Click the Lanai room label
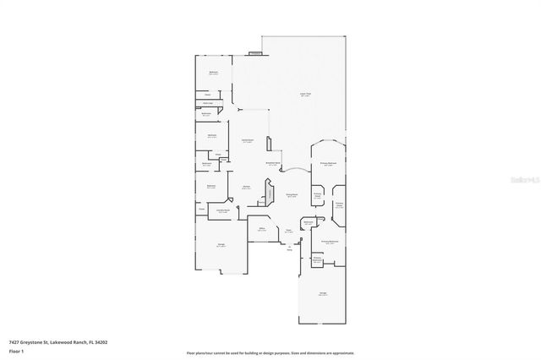click(x=305, y=94)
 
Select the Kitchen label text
click(x=246, y=188)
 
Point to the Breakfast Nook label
click(x=273, y=164)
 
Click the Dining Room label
click(x=291, y=196)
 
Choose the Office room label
click(x=263, y=228)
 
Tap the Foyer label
click(x=288, y=230)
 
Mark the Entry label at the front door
click(x=289, y=248)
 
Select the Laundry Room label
click(x=223, y=211)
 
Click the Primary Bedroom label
click(x=329, y=162)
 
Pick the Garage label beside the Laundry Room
click(x=221, y=245)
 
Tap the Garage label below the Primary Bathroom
click(x=323, y=294)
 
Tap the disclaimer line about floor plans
click(x=270, y=353)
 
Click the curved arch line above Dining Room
click(x=294, y=172)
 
